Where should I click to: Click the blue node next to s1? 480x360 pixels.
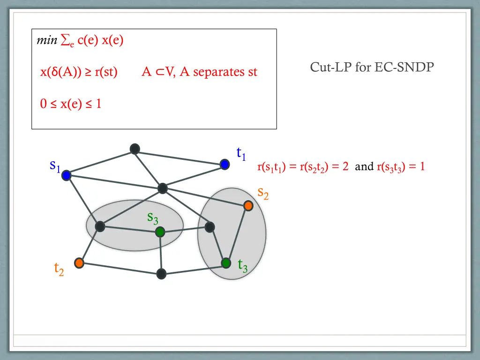[x=66, y=175]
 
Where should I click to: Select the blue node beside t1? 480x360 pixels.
[x=225, y=164]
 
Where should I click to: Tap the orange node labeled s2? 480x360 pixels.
[x=248, y=205]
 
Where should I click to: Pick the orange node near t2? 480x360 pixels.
[x=79, y=263]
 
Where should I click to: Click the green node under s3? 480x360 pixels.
[x=160, y=232]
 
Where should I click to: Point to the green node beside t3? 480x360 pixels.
[x=226, y=263]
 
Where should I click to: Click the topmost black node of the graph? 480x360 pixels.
[x=135, y=149]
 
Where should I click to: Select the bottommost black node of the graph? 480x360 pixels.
[x=161, y=274]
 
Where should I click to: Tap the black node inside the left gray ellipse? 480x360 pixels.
[x=100, y=227]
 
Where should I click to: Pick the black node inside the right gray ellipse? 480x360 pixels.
[x=210, y=227]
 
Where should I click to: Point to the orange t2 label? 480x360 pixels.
[x=59, y=269]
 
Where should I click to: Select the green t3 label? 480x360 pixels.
[x=242, y=266]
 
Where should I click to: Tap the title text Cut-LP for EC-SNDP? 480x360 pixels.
[x=372, y=67]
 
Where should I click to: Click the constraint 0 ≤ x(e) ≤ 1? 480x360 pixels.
[x=71, y=104]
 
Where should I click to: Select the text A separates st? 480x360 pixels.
[x=218, y=72]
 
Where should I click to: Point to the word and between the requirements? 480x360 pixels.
[x=364, y=166]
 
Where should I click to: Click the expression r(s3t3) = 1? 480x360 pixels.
[x=401, y=167]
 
